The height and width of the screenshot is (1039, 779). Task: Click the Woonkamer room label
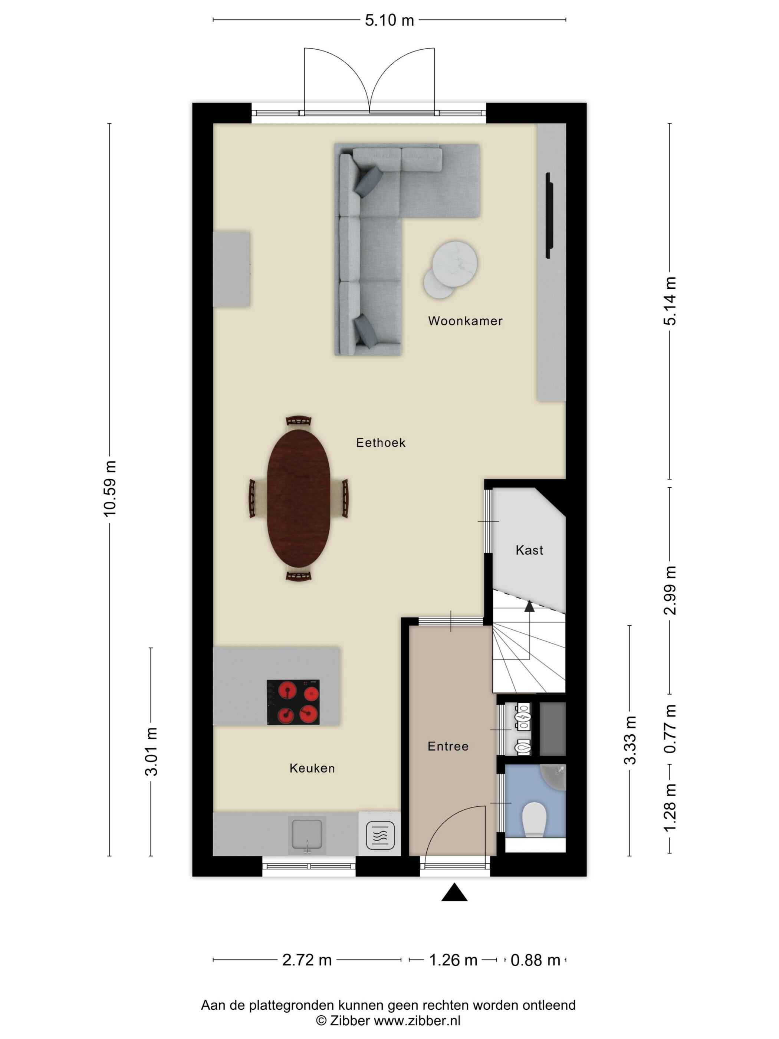pyautogui.click(x=465, y=321)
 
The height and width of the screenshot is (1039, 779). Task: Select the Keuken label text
pyautogui.click(x=312, y=768)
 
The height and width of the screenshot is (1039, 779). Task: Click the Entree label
pyautogui.click(x=448, y=746)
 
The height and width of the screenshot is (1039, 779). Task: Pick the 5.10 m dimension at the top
pyautogui.click(x=389, y=20)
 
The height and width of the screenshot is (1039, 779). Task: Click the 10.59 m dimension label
pyautogui.click(x=109, y=489)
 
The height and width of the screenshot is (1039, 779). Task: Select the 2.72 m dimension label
pyautogui.click(x=307, y=960)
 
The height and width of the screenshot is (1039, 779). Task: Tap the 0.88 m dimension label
pyautogui.click(x=535, y=960)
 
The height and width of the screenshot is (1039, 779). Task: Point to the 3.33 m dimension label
pyautogui.click(x=630, y=741)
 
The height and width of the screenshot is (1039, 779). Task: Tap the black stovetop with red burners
pyautogui.click(x=293, y=702)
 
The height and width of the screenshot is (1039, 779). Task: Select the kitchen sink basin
pyautogui.click(x=307, y=835)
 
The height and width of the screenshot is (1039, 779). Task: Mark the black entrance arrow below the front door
pyautogui.click(x=454, y=892)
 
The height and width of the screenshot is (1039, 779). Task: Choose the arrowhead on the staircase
pyautogui.click(x=529, y=606)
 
